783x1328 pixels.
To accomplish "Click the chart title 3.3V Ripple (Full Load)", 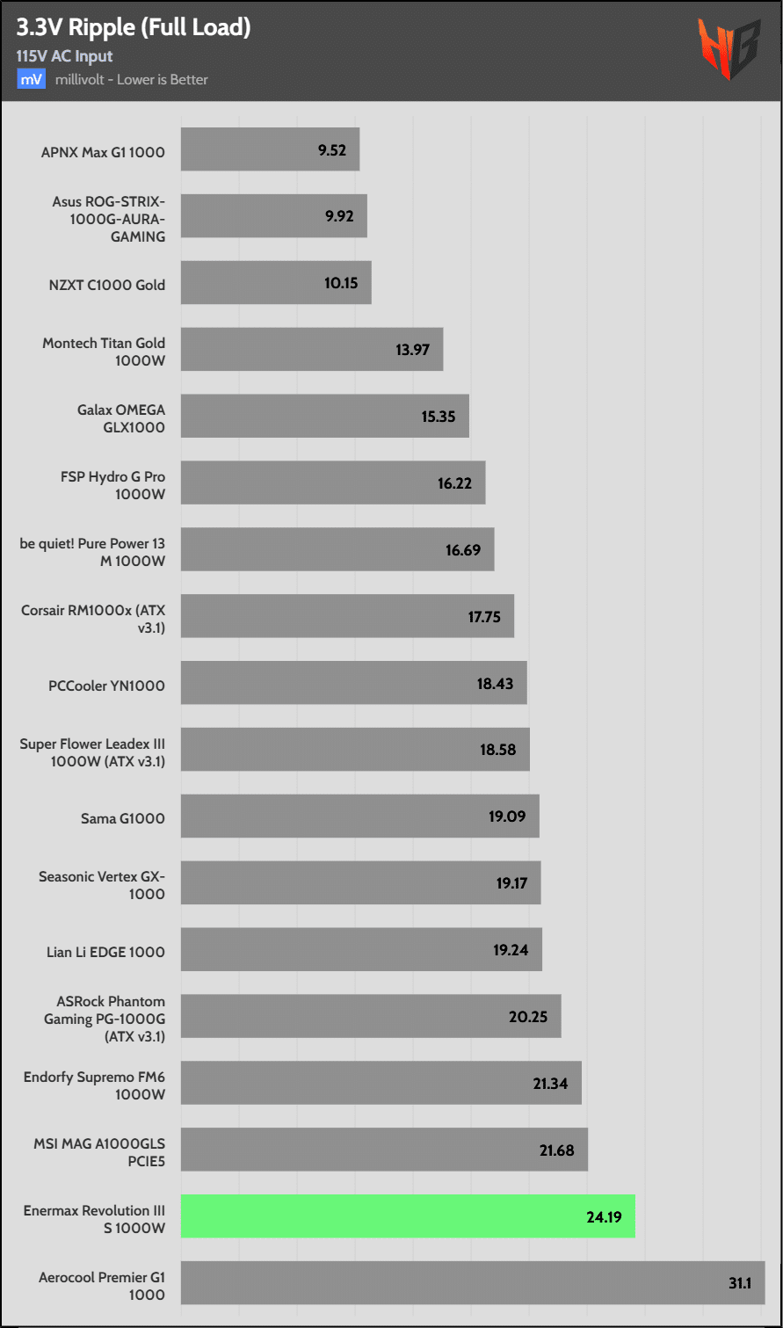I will [x=134, y=27].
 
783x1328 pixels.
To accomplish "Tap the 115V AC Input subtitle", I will [x=65, y=56].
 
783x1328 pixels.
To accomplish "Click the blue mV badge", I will [x=31, y=79].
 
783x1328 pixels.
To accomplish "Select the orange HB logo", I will [x=729, y=50].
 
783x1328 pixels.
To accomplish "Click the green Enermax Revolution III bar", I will [x=408, y=1216].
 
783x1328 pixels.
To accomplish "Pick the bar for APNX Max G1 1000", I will [x=270, y=149].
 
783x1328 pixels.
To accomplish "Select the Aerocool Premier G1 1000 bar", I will [x=473, y=1283].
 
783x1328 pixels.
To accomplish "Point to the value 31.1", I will [x=740, y=1283].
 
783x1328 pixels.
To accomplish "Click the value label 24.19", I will [x=604, y=1217].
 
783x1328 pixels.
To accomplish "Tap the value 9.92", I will [x=338, y=216].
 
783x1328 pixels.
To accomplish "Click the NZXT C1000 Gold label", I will [x=107, y=285].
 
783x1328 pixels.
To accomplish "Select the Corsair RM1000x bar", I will [x=347, y=616].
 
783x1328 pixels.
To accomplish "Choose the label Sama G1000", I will [x=123, y=819].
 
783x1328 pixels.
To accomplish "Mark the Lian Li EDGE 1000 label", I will [x=105, y=952].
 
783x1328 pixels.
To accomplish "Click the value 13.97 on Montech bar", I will [x=412, y=350].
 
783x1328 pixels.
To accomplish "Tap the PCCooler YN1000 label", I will [x=107, y=686].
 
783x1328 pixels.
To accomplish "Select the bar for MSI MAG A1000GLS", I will [x=384, y=1150].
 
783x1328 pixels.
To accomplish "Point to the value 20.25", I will [x=528, y=1017].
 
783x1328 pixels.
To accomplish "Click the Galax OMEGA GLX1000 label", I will [x=121, y=418].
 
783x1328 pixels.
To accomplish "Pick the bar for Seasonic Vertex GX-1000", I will [x=360, y=883].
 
